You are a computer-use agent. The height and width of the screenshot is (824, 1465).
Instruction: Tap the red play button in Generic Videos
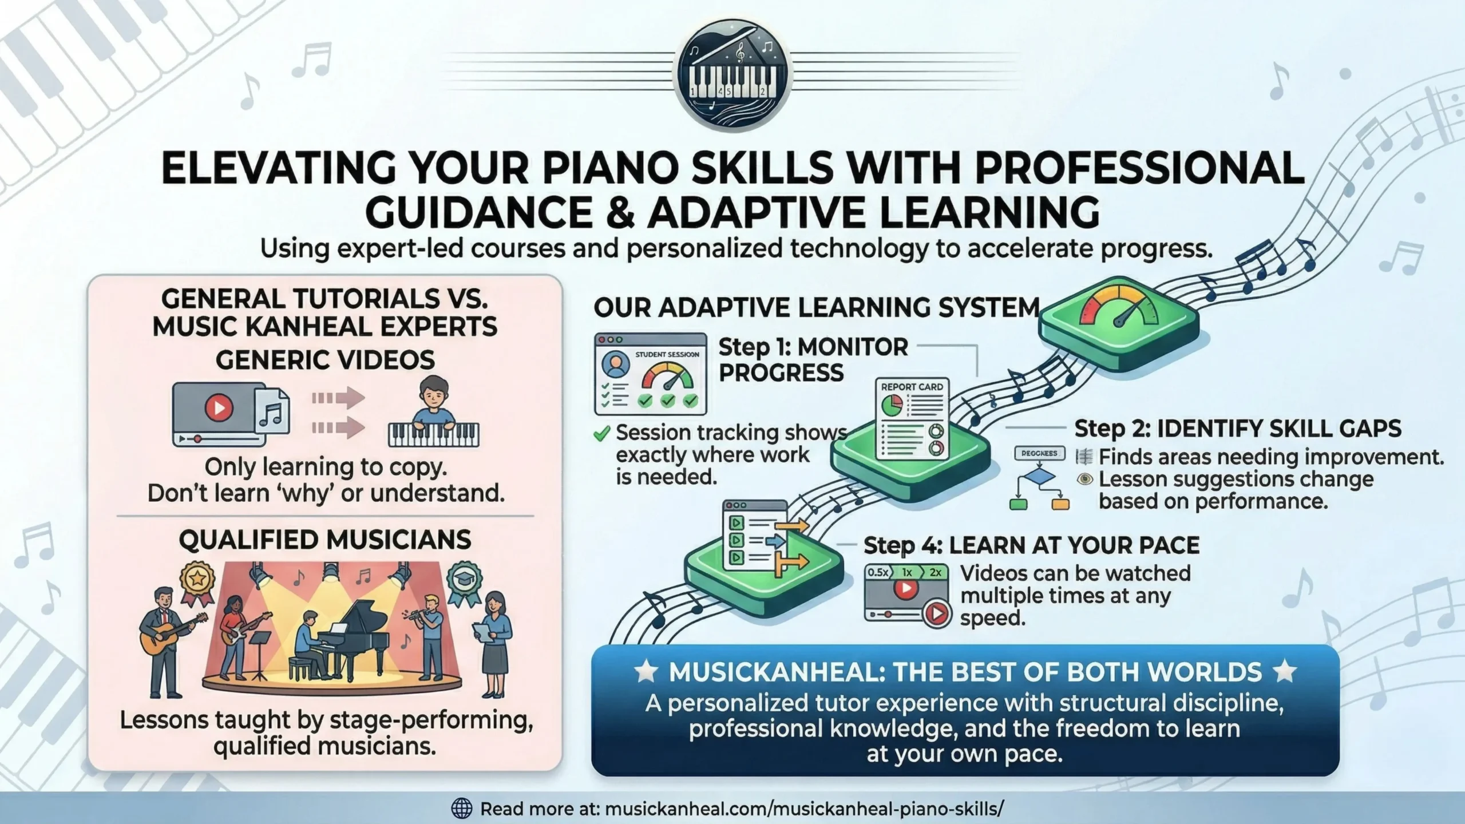click(x=219, y=407)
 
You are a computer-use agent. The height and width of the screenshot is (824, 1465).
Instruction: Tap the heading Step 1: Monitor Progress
click(x=813, y=359)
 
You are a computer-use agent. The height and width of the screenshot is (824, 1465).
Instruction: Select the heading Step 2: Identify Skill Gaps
click(x=1237, y=429)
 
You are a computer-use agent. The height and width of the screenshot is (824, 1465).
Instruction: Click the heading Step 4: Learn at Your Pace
click(x=1031, y=545)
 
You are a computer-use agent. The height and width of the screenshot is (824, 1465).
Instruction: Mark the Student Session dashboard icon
click(x=651, y=374)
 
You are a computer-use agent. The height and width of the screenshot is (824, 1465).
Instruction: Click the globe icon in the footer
click(x=462, y=809)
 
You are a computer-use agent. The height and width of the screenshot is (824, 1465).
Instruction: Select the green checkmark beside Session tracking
click(x=601, y=434)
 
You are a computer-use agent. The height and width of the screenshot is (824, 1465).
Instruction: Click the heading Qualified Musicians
click(x=325, y=540)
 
